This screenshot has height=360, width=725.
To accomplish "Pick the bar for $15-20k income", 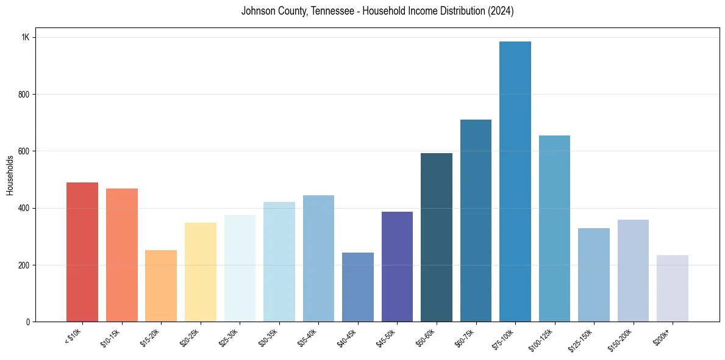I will coord(161,286).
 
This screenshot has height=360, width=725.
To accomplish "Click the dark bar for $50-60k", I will coord(437,237).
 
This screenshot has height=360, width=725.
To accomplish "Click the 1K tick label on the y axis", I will coord(26,38).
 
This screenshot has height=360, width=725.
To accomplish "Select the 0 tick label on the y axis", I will coord(28,322).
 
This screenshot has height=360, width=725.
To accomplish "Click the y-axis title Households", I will coord(10,175).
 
